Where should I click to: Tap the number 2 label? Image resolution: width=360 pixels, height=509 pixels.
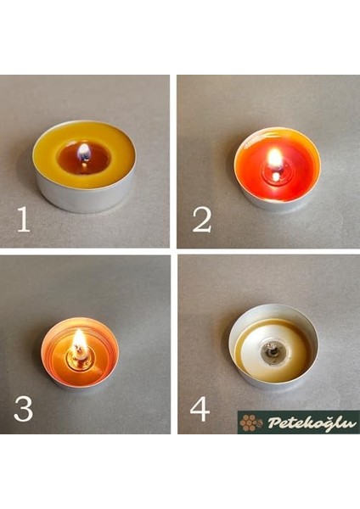201,219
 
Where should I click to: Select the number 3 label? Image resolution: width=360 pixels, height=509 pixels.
23,408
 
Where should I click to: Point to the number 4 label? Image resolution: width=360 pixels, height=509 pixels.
200,408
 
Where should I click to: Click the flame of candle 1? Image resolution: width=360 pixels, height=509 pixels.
83,152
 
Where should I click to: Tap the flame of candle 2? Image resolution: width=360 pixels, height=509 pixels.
274,158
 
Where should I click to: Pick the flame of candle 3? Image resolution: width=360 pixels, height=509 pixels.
79,342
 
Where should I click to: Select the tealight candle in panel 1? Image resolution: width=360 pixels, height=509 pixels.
83,165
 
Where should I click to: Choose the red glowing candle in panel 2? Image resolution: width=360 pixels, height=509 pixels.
276,165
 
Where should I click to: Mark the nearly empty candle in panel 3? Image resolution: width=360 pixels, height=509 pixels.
79,352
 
